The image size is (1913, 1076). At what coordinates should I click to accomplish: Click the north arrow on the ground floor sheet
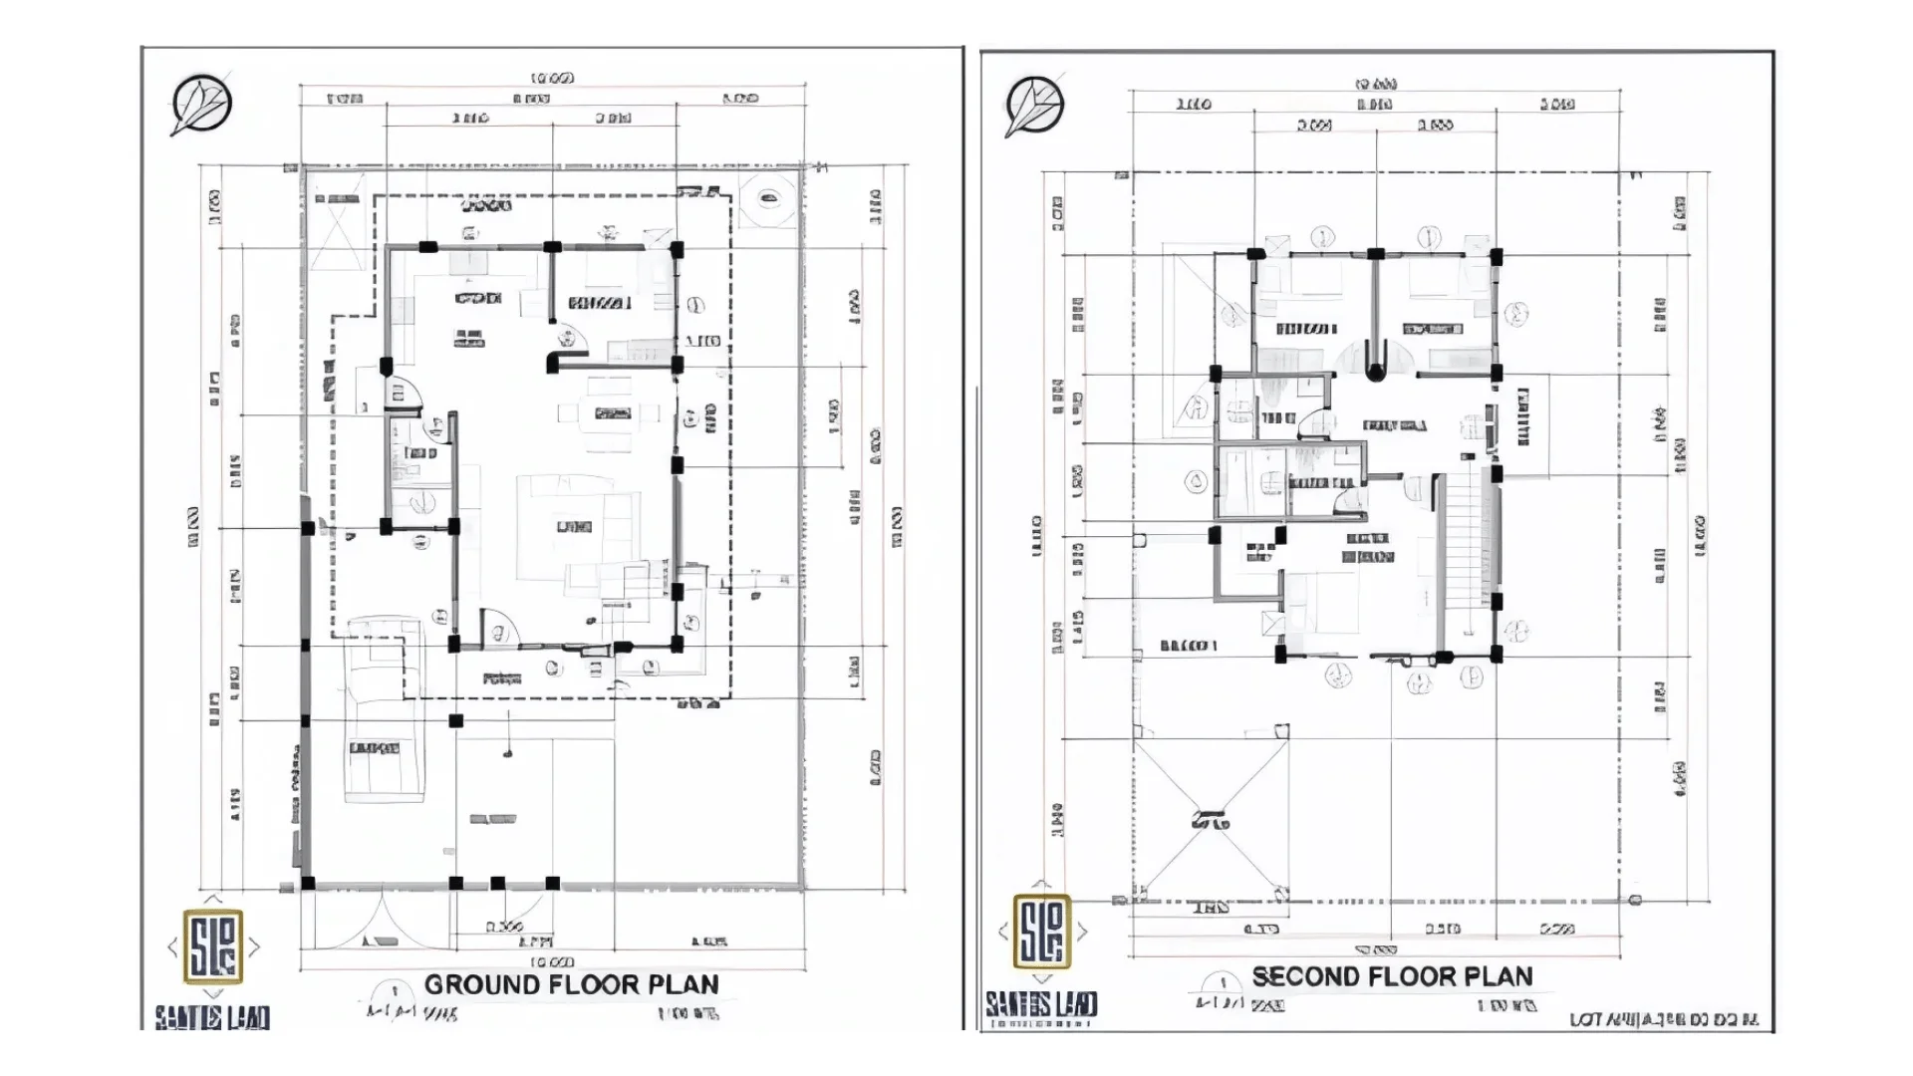201,104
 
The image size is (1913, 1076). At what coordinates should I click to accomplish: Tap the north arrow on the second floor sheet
1034,107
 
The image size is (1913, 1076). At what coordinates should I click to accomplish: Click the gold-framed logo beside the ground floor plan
213,945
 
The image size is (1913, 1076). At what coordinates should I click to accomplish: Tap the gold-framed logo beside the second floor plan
1042,932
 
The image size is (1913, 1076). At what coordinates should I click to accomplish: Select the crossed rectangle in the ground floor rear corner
337,232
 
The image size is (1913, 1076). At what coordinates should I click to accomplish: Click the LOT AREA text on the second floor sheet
1664,1019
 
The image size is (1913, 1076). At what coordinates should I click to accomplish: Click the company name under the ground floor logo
211,1017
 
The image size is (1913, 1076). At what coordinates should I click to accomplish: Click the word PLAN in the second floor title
1499,976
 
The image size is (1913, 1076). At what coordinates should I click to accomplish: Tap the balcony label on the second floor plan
1188,646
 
